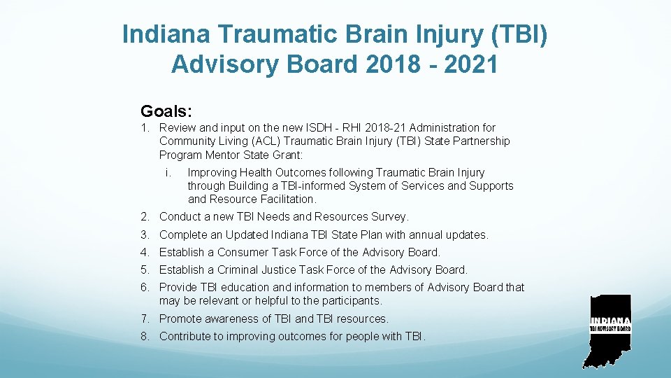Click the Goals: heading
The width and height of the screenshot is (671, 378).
(x=166, y=111)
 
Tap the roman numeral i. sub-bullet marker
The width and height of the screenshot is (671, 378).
(x=168, y=172)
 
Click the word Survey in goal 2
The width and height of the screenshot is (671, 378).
(x=388, y=217)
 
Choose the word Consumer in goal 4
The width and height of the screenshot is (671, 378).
(x=243, y=253)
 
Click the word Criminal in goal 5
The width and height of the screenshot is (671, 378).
(x=238, y=270)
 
